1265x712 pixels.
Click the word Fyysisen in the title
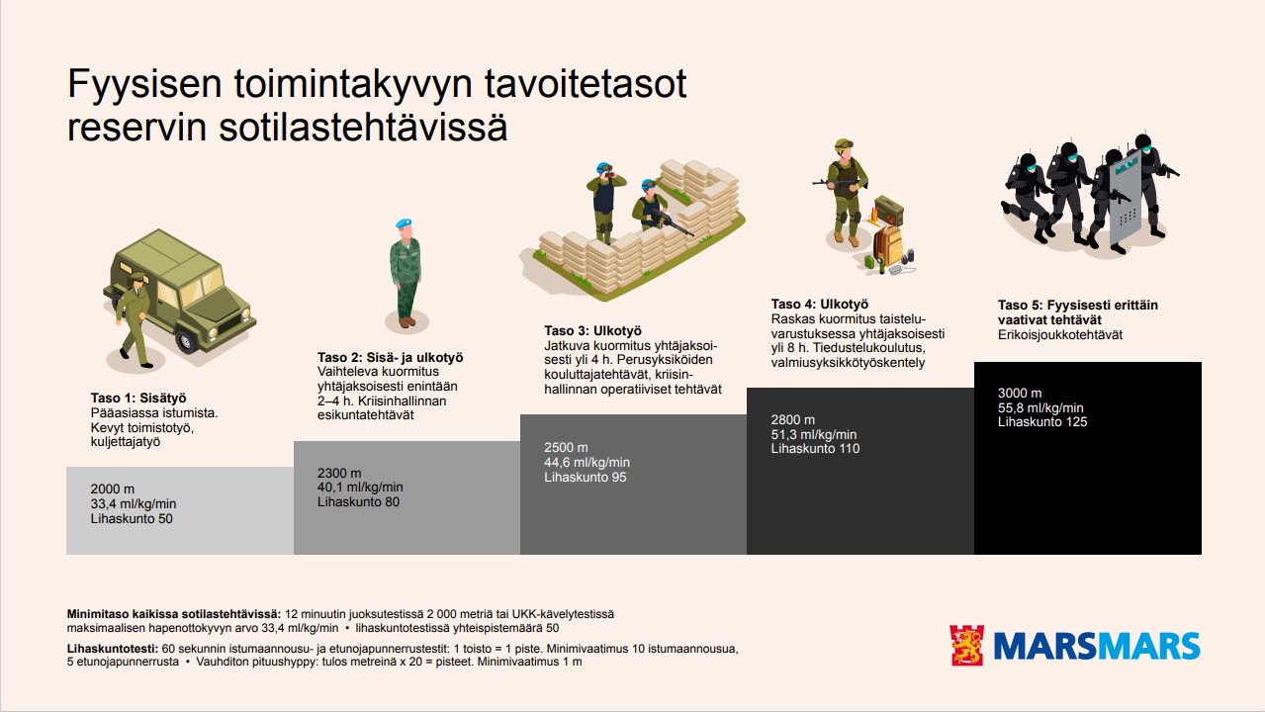tap(144, 85)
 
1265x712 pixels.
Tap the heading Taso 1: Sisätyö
tap(138, 399)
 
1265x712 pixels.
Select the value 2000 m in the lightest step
tap(113, 489)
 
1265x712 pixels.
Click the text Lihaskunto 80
tap(358, 502)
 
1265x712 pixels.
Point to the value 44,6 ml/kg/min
tap(587, 463)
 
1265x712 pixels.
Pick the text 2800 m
tap(793, 420)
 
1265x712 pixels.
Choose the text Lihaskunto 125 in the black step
tap(1041, 422)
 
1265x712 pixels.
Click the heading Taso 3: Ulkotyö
tap(593, 331)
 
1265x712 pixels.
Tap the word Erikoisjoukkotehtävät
tap(1060, 335)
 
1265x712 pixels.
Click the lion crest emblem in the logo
tap(967, 646)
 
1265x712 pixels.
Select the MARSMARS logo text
tap(1097, 647)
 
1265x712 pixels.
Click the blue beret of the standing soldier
tap(404, 223)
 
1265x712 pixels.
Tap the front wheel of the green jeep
tap(187, 340)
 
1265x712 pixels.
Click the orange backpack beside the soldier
tap(888, 244)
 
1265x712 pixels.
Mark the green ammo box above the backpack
tap(889, 210)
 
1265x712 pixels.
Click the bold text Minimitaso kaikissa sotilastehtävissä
tap(173, 614)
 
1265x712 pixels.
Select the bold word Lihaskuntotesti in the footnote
tap(112, 649)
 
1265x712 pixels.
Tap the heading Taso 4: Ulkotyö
tap(819, 305)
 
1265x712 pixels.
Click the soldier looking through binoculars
tap(603, 201)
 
